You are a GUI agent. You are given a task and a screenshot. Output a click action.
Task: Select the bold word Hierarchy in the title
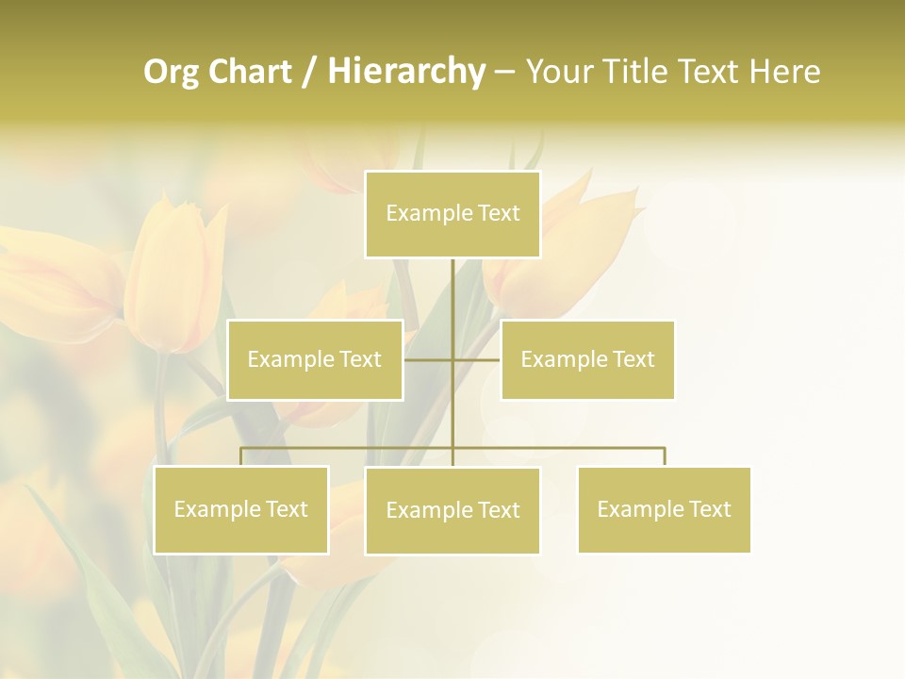click(406, 72)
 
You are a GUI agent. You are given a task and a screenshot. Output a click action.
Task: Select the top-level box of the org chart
click(452, 214)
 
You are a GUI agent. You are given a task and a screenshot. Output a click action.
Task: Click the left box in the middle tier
click(315, 359)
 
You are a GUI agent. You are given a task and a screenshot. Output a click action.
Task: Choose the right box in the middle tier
click(587, 359)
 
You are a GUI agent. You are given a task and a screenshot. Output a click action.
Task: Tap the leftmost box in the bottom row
click(240, 509)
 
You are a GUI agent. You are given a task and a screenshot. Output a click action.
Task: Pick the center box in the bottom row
click(452, 510)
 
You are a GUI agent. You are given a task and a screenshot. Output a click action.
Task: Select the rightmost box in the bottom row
click(664, 509)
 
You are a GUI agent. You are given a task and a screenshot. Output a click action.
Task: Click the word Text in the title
click(709, 72)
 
